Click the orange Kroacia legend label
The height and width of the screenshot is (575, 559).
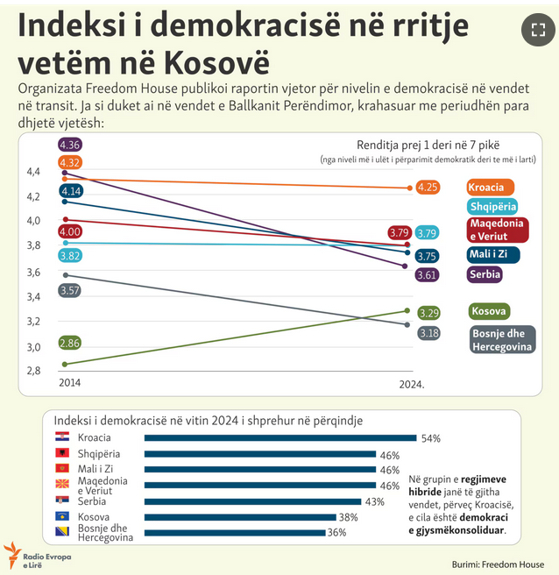click(490, 188)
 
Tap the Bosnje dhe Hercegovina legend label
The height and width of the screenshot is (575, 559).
click(502, 340)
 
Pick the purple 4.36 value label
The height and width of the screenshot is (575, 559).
click(70, 145)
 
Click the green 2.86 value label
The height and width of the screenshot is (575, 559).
click(70, 342)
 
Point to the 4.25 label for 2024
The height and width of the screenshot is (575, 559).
click(428, 188)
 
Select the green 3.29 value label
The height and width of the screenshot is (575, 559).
click(428, 313)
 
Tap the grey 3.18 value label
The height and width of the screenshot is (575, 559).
click(428, 333)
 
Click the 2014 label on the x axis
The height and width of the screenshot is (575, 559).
click(70, 382)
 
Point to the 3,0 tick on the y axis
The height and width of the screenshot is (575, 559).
click(32, 347)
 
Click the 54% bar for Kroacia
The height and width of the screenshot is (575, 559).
click(279, 437)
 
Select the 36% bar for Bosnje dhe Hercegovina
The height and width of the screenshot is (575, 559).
click(232, 531)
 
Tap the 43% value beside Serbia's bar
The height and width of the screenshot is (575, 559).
click(375, 501)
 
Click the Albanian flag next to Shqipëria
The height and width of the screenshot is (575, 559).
click(63, 453)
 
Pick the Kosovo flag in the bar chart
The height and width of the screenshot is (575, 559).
click(63, 517)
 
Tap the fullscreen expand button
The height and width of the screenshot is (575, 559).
click(534, 32)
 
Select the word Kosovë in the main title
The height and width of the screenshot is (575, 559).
click(215, 64)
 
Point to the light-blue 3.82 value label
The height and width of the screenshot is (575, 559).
click(70, 255)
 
